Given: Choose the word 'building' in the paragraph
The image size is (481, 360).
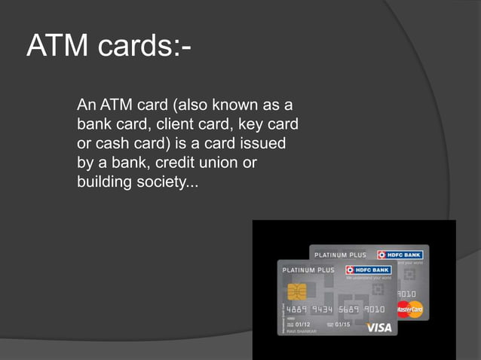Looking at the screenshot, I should (105, 182).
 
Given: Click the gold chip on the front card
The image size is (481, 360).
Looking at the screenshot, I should (296, 291).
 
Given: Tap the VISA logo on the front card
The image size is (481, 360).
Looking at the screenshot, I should (378, 328).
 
